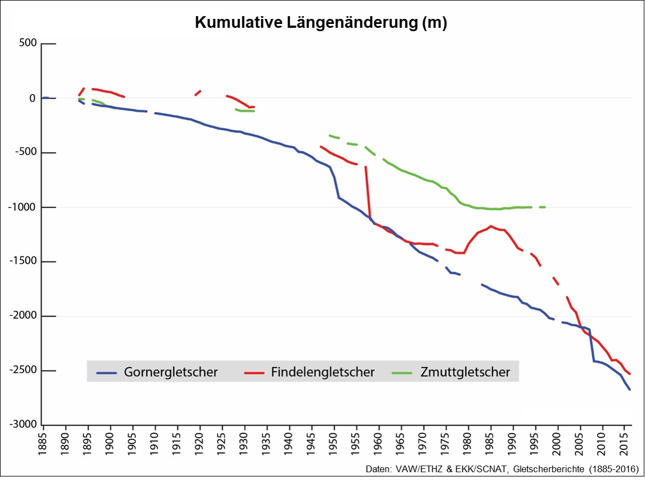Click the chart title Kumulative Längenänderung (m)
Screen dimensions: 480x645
tap(321, 23)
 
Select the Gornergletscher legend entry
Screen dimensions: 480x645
tap(171, 372)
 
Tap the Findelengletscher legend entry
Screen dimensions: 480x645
tap(322, 372)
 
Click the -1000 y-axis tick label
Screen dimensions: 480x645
tap(23, 207)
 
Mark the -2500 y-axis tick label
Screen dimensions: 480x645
tap(23, 371)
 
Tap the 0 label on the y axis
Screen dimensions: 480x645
tap(32, 98)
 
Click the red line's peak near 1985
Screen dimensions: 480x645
tap(491, 226)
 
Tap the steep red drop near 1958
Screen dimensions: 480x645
tap(368, 195)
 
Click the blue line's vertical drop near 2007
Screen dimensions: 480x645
tap(592, 345)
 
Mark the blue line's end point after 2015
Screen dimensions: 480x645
tap(630, 389)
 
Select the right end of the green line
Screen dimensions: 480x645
tap(545, 207)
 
